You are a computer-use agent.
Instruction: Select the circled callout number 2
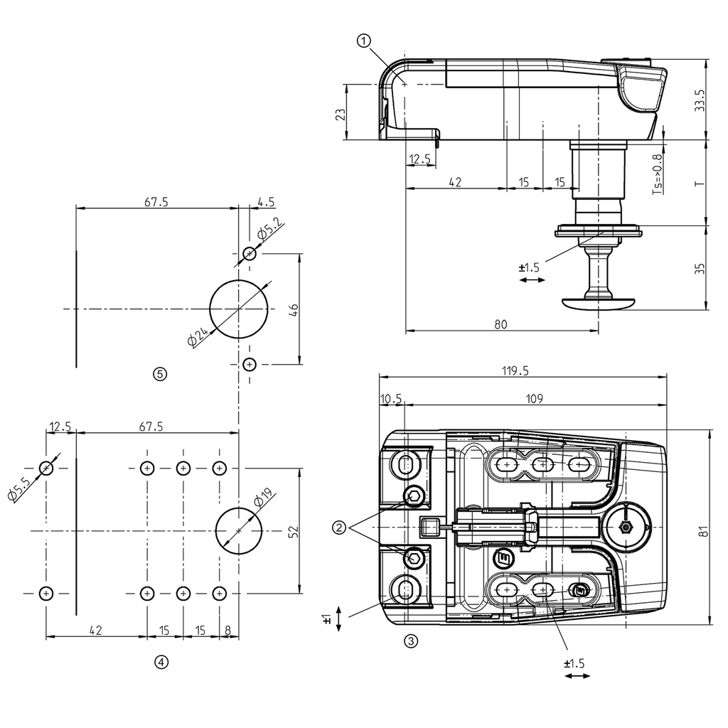click(339, 528)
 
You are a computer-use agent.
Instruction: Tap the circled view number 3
click(410, 641)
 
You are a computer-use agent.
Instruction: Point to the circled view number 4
click(161, 663)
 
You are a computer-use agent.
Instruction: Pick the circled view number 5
click(160, 373)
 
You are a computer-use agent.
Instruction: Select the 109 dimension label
click(535, 399)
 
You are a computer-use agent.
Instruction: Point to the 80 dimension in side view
click(500, 325)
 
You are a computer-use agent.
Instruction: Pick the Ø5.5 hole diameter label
click(19, 491)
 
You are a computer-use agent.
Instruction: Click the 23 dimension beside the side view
click(341, 113)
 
